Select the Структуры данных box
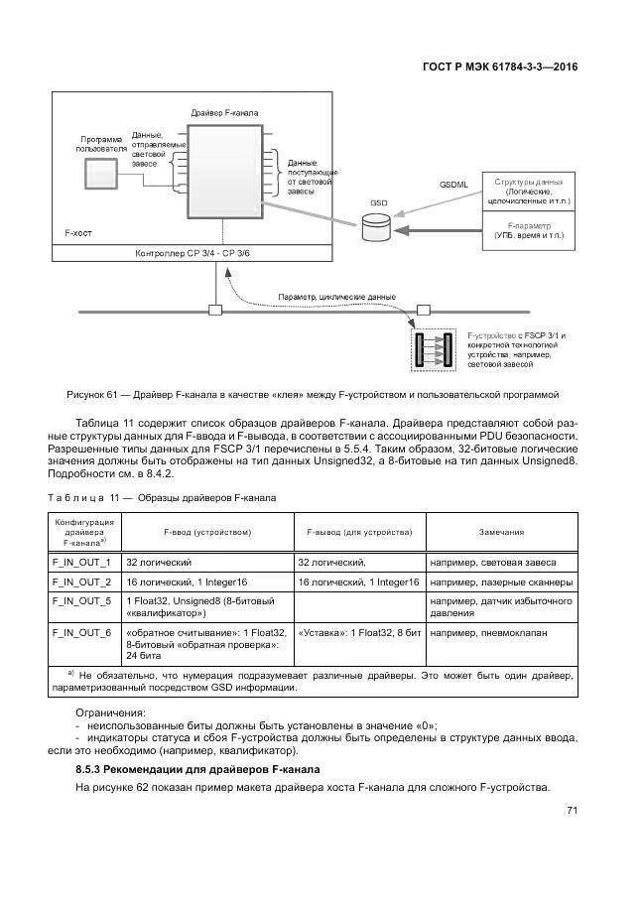pyautogui.click(x=527, y=193)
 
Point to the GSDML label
pyautogui.click(x=453, y=186)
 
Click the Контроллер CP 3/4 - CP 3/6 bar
pyautogui.click(x=193, y=254)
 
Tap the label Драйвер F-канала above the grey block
pyautogui.click(x=224, y=114)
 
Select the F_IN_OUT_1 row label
pyautogui.click(x=81, y=562)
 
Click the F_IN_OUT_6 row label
pyautogui.click(x=81, y=632)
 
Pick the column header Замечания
pyautogui.click(x=501, y=532)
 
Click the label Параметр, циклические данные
pyautogui.click(x=337, y=297)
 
